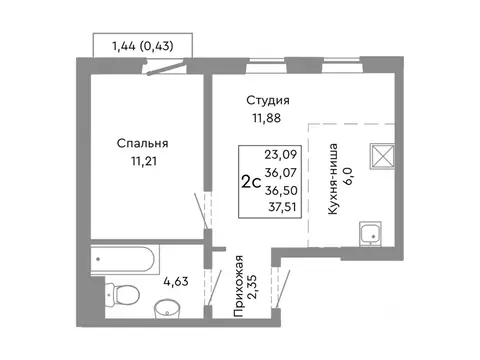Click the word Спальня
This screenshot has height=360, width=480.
(x=142, y=144)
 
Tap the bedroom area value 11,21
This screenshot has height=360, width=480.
(x=144, y=162)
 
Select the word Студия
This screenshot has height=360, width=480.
(x=268, y=100)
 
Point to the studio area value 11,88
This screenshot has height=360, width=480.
(x=267, y=118)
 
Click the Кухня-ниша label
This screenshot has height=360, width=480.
(x=333, y=179)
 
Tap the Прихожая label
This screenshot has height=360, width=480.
(x=239, y=286)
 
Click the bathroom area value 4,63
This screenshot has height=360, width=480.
(x=176, y=282)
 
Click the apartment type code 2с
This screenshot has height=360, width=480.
(x=251, y=182)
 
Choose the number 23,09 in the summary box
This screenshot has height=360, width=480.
(x=281, y=155)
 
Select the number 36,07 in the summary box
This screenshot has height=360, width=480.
(x=281, y=173)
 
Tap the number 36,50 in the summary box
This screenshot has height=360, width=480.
(x=281, y=190)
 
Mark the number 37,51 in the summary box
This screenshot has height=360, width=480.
(x=282, y=207)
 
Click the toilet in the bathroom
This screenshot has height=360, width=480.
(x=122, y=294)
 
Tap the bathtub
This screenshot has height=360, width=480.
(x=124, y=260)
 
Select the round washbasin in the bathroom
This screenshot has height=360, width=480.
(x=167, y=309)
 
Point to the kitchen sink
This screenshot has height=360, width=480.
(x=370, y=234)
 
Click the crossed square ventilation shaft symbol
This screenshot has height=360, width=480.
(x=382, y=156)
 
